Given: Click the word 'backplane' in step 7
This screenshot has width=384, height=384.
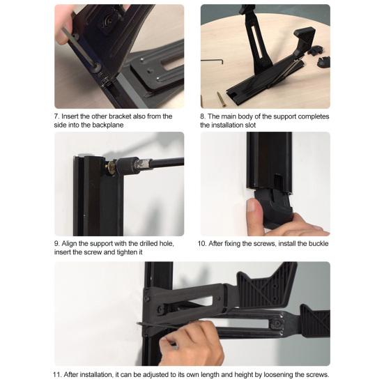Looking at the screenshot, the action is tap(108, 125).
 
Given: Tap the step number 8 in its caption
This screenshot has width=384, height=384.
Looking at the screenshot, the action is tap(202, 116).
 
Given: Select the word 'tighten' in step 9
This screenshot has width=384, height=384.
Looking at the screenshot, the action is tap(128, 252).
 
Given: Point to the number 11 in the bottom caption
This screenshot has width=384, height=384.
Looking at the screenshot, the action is tap(56, 375).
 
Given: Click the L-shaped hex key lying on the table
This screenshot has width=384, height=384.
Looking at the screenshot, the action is tap(213, 61).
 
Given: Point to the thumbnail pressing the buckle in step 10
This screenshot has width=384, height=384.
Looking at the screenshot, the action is tap(251, 205).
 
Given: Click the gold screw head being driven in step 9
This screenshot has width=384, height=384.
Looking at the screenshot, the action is tap(111, 167).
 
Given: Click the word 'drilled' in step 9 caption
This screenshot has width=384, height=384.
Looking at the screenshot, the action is tap(148, 244).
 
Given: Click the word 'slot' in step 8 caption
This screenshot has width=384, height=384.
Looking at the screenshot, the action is tap(250, 125).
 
